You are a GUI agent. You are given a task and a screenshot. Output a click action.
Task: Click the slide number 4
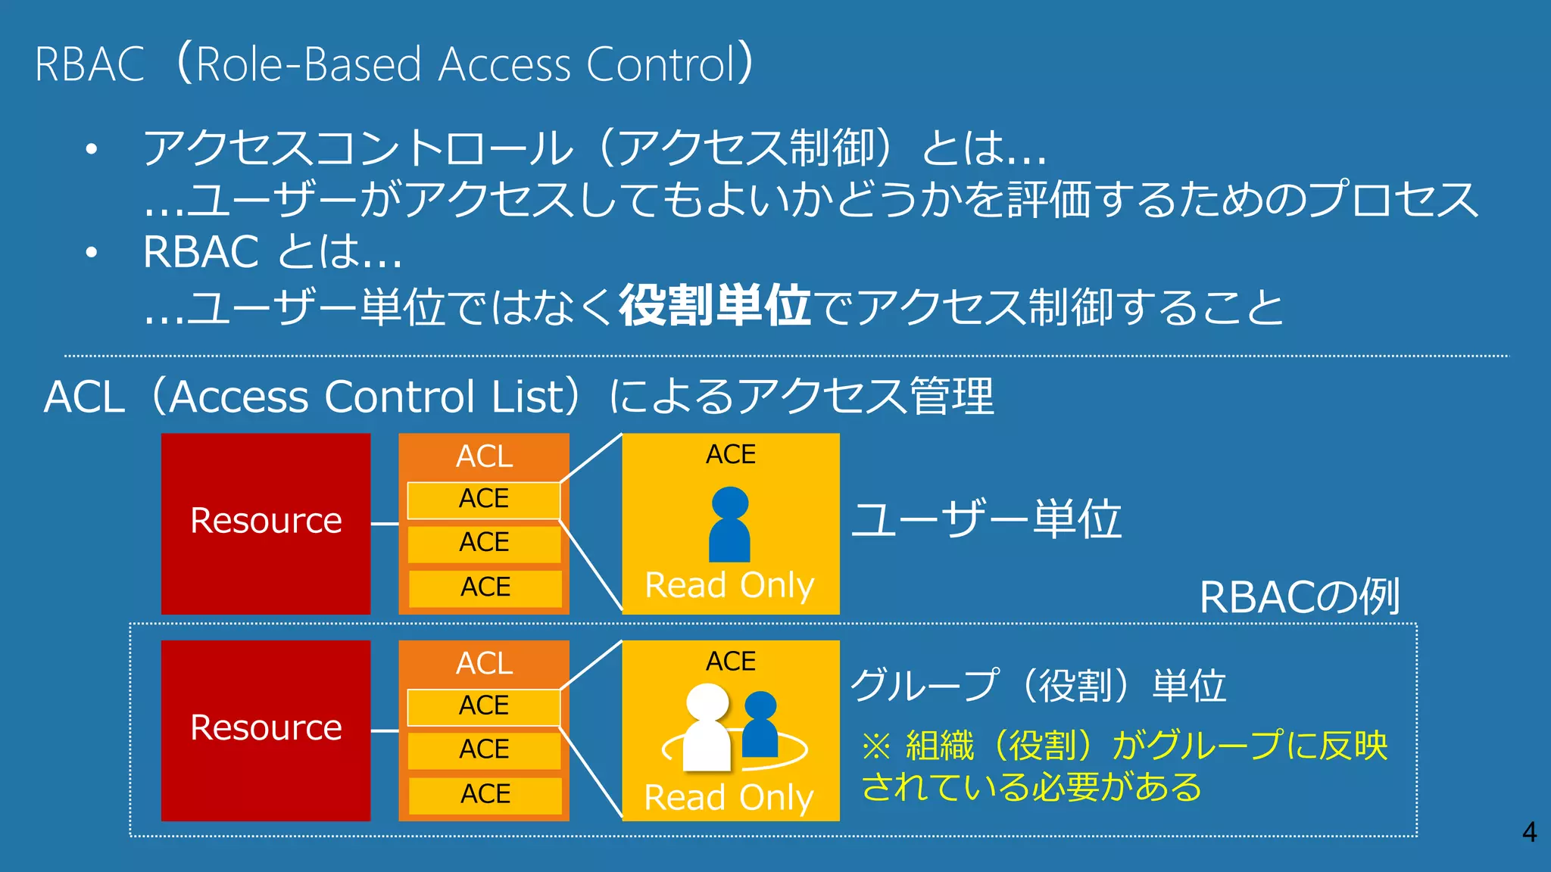coord(1529,832)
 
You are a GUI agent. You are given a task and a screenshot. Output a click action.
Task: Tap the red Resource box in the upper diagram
coord(266,523)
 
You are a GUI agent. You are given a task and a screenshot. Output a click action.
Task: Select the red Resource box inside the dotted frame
coord(266,730)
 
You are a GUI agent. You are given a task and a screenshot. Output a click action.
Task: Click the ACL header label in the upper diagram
coord(484,456)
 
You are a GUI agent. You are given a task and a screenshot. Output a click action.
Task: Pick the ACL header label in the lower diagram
coord(484,663)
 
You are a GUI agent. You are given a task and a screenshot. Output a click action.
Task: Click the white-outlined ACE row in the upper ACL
coord(484,500)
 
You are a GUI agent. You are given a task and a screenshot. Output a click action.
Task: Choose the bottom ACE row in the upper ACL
coord(485,587)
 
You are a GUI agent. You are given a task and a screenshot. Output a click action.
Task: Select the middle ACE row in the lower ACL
coord(484,749)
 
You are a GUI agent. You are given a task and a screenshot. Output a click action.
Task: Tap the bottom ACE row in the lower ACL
coord(485,794)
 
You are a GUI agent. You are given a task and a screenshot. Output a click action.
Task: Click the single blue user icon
coord(730,524)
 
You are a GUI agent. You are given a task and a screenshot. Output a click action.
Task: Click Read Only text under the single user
coord(729,585)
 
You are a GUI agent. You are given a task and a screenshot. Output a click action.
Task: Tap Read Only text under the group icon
coord(729,798)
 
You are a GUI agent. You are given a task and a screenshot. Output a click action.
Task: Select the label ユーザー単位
coord(986,520)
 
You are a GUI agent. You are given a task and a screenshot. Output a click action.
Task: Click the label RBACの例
coord(1300,597)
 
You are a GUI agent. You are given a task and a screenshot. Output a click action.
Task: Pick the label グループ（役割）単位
coord(1038,686)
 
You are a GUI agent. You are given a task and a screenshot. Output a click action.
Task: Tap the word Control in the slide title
coord(660,64)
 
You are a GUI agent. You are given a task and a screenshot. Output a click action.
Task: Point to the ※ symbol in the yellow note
coord(876,746)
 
